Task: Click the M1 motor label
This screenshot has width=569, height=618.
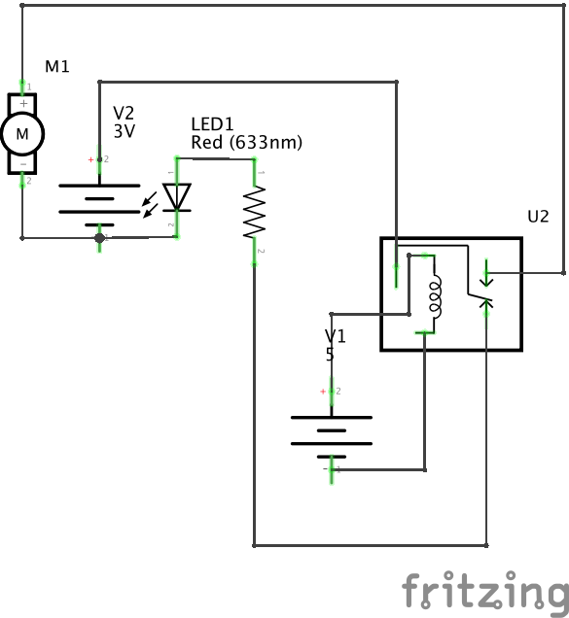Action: point(57,66)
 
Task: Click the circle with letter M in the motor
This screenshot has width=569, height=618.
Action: point(22,134)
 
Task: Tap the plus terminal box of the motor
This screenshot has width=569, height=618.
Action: point(22,104)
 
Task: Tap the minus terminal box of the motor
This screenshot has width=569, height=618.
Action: point(22,164)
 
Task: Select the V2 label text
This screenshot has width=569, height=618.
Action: point(124,113)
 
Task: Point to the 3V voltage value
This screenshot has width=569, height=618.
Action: point(124,131)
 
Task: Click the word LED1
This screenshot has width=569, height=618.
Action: point(212,124)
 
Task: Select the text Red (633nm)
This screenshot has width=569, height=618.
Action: point(247,142)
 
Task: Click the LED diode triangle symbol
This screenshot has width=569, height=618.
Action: point(177,197)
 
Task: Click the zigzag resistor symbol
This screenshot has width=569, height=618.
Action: point(254,212)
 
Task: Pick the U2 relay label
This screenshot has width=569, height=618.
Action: point(538,217)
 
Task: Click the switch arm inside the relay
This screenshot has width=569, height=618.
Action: point(480,297)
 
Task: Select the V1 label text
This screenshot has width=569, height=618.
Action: point(336,336)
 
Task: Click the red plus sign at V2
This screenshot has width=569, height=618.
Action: point(90,159)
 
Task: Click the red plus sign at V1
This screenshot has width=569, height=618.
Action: point(323,392)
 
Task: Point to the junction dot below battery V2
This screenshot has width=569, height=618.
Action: point(99,238)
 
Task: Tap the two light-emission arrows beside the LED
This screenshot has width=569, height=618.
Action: point(150,205)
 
